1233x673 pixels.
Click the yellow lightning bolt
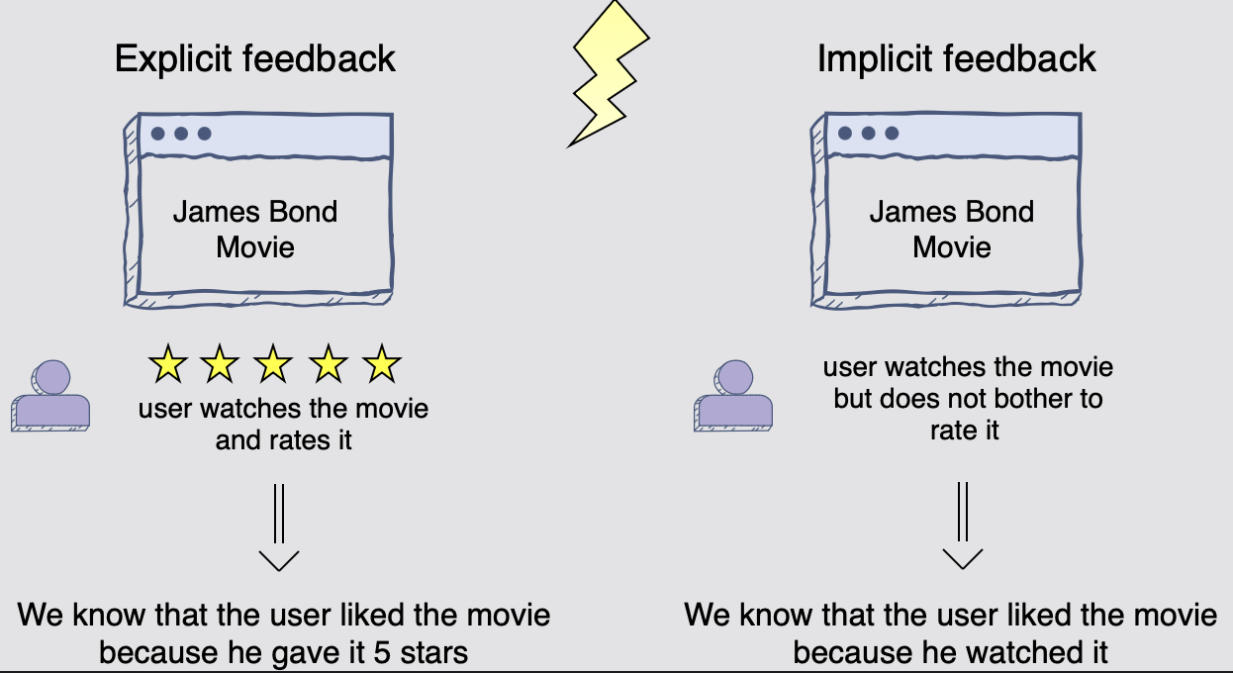606,74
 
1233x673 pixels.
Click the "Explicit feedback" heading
255,58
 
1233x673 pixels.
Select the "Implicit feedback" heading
957,58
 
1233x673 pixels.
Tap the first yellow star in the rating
168,365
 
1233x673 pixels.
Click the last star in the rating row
381,365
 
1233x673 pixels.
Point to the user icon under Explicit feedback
51,395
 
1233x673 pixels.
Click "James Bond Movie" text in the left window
255,229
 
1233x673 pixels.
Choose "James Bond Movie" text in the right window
952,229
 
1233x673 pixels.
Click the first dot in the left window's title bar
157,133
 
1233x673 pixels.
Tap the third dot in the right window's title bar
892,133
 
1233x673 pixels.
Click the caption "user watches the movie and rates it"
284,424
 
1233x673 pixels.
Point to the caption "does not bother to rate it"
968,415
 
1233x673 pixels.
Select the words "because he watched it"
951,652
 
